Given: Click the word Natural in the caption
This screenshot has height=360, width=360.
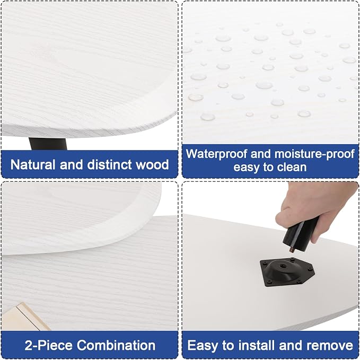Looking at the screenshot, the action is [33, 164].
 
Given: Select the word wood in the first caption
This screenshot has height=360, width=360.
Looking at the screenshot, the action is [153, 164].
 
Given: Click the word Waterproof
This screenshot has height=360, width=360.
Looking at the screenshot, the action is [216, 154].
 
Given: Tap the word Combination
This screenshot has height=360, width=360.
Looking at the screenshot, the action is [116, 345].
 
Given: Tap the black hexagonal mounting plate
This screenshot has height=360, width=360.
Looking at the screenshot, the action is [287, 272].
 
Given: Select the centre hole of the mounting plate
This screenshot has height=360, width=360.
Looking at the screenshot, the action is [282, 266].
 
